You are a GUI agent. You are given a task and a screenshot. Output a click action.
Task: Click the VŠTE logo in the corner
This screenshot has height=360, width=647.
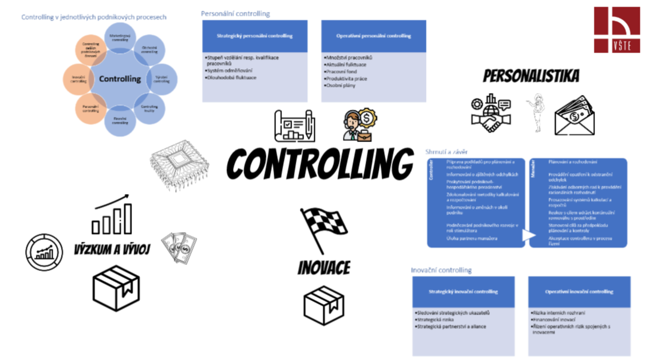(x=617, y=30)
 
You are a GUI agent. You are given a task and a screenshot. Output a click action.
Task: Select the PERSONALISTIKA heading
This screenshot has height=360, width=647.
(x=531, y=76)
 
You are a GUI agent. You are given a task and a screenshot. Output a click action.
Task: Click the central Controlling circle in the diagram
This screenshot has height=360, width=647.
(x=120, y=79)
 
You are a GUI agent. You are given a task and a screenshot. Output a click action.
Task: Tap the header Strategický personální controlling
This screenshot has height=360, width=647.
(x=254, y=36)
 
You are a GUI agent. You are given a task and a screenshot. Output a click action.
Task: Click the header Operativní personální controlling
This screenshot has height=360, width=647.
(x=373, y=36)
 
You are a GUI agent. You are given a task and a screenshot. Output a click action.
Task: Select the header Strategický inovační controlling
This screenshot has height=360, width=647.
(x=463, y=292)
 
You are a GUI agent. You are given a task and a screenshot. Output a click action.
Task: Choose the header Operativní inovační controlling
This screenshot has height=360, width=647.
(x=579, y=292)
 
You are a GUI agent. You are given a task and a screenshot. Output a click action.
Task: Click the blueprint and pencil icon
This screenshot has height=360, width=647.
(x=294, y=125)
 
